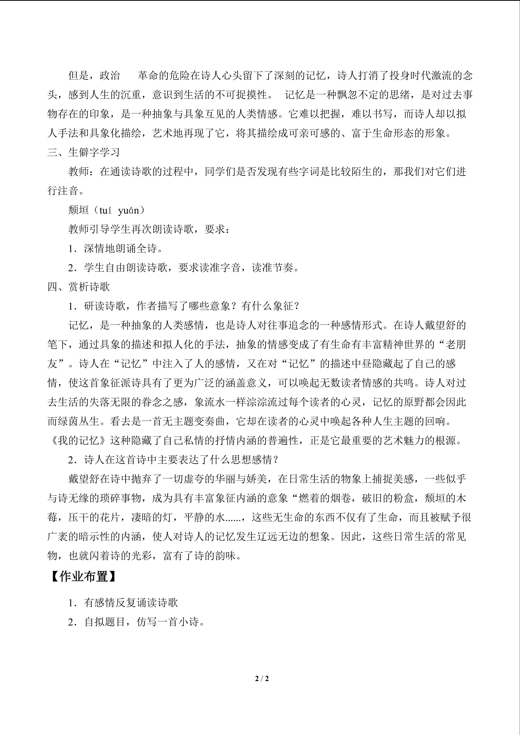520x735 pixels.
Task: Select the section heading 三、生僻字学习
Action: click(x=84, y=152)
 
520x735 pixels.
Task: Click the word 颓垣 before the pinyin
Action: click(x=78, y=210)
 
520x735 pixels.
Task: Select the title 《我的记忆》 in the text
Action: click(x=78, y=441)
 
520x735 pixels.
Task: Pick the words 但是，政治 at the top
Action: click(x=94, y=76)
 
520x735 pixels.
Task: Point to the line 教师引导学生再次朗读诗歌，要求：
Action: click(x=149, y=229)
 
